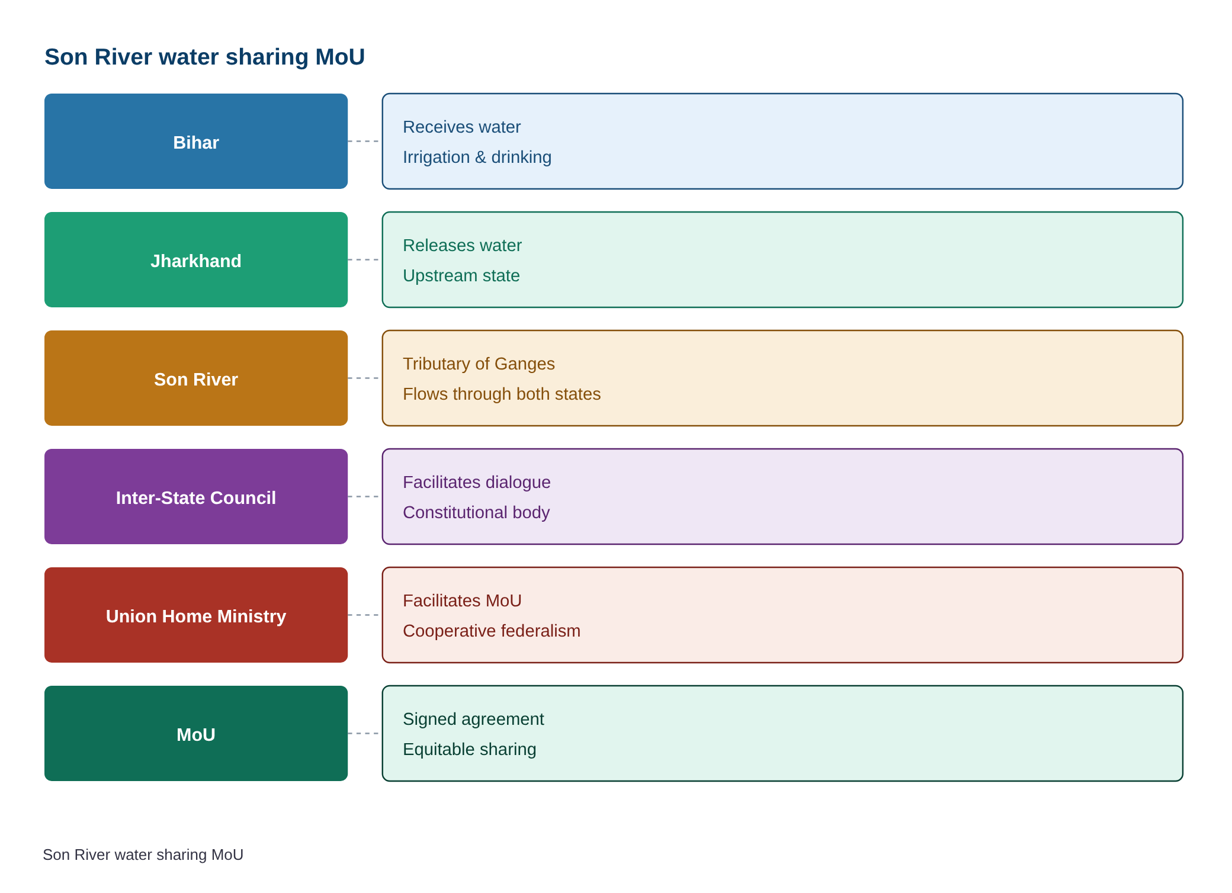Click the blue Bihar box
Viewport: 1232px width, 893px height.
coord(196,142)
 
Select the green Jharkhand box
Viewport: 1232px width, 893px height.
coord(196,260)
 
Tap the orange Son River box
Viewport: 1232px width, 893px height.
coord(196,378)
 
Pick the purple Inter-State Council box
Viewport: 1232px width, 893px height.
coord(196,497)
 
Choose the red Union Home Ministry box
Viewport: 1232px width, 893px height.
coord(196,615)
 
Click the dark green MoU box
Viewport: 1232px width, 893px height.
coord(196,734)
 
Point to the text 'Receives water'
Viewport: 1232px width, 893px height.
coord(461,127)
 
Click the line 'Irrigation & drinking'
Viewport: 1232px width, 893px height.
coord(477,157)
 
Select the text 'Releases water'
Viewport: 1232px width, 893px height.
coord(462,245)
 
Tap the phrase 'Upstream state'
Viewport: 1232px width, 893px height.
coord(461,275)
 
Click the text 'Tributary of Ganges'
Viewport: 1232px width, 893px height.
coord(479,364)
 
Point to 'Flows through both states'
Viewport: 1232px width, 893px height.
coord(502,394)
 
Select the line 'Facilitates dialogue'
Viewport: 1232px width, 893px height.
coord(476,482)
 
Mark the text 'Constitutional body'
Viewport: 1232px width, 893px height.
coord(476,512)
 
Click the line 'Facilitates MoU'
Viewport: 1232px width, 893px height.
coord(462,600)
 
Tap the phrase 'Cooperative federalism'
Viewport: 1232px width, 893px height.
coord(492,631)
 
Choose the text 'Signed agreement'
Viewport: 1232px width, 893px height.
coord(473,719)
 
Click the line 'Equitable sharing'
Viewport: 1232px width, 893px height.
coord(469,749)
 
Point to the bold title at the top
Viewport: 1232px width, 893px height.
coord(204,57)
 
